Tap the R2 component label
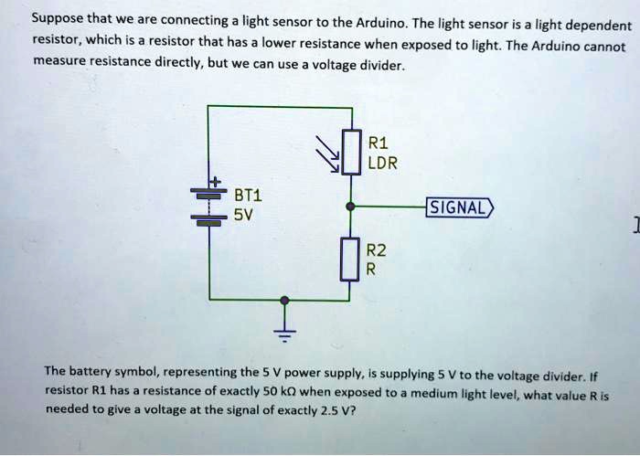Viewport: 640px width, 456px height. [x=376, y=251]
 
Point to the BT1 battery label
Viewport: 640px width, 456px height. [x=248, y=196]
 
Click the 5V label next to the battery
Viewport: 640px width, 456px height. [x=242, y=216]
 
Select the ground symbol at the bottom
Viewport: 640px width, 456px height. [x=285, y=334]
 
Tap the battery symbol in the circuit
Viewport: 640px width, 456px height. [x=208, y=206]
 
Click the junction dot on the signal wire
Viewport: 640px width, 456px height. [x=350, y=207]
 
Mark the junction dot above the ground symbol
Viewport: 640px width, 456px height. [x=285, y=300]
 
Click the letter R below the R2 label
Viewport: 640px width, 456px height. [x=370, y=270]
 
